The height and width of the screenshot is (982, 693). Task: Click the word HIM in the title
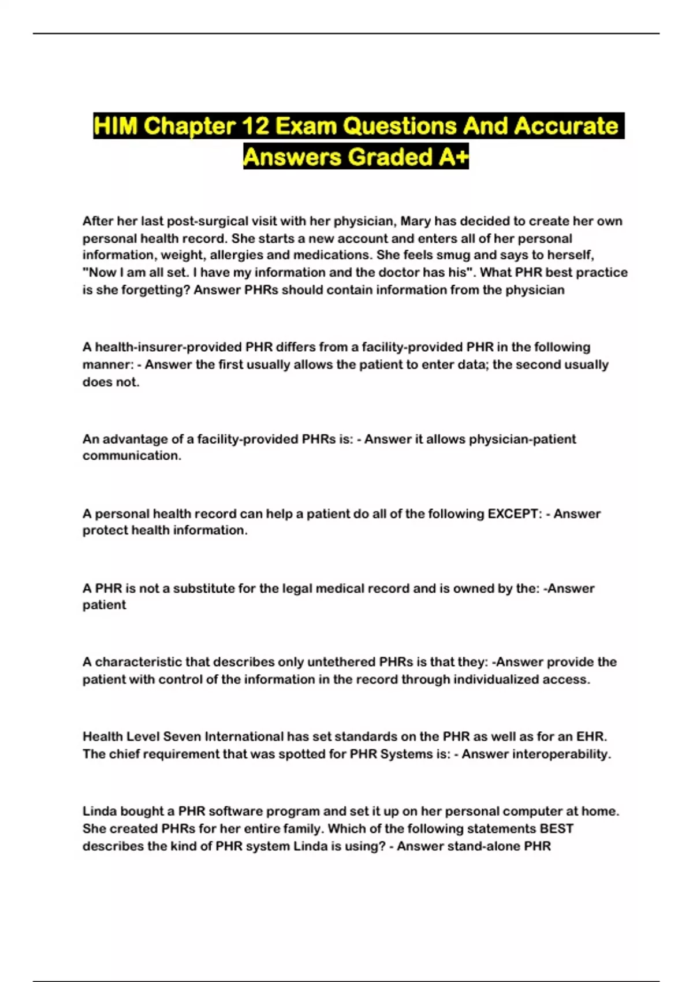(115, 126)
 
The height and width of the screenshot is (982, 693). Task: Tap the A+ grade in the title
(453, 157)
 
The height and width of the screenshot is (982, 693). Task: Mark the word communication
(131, 456)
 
